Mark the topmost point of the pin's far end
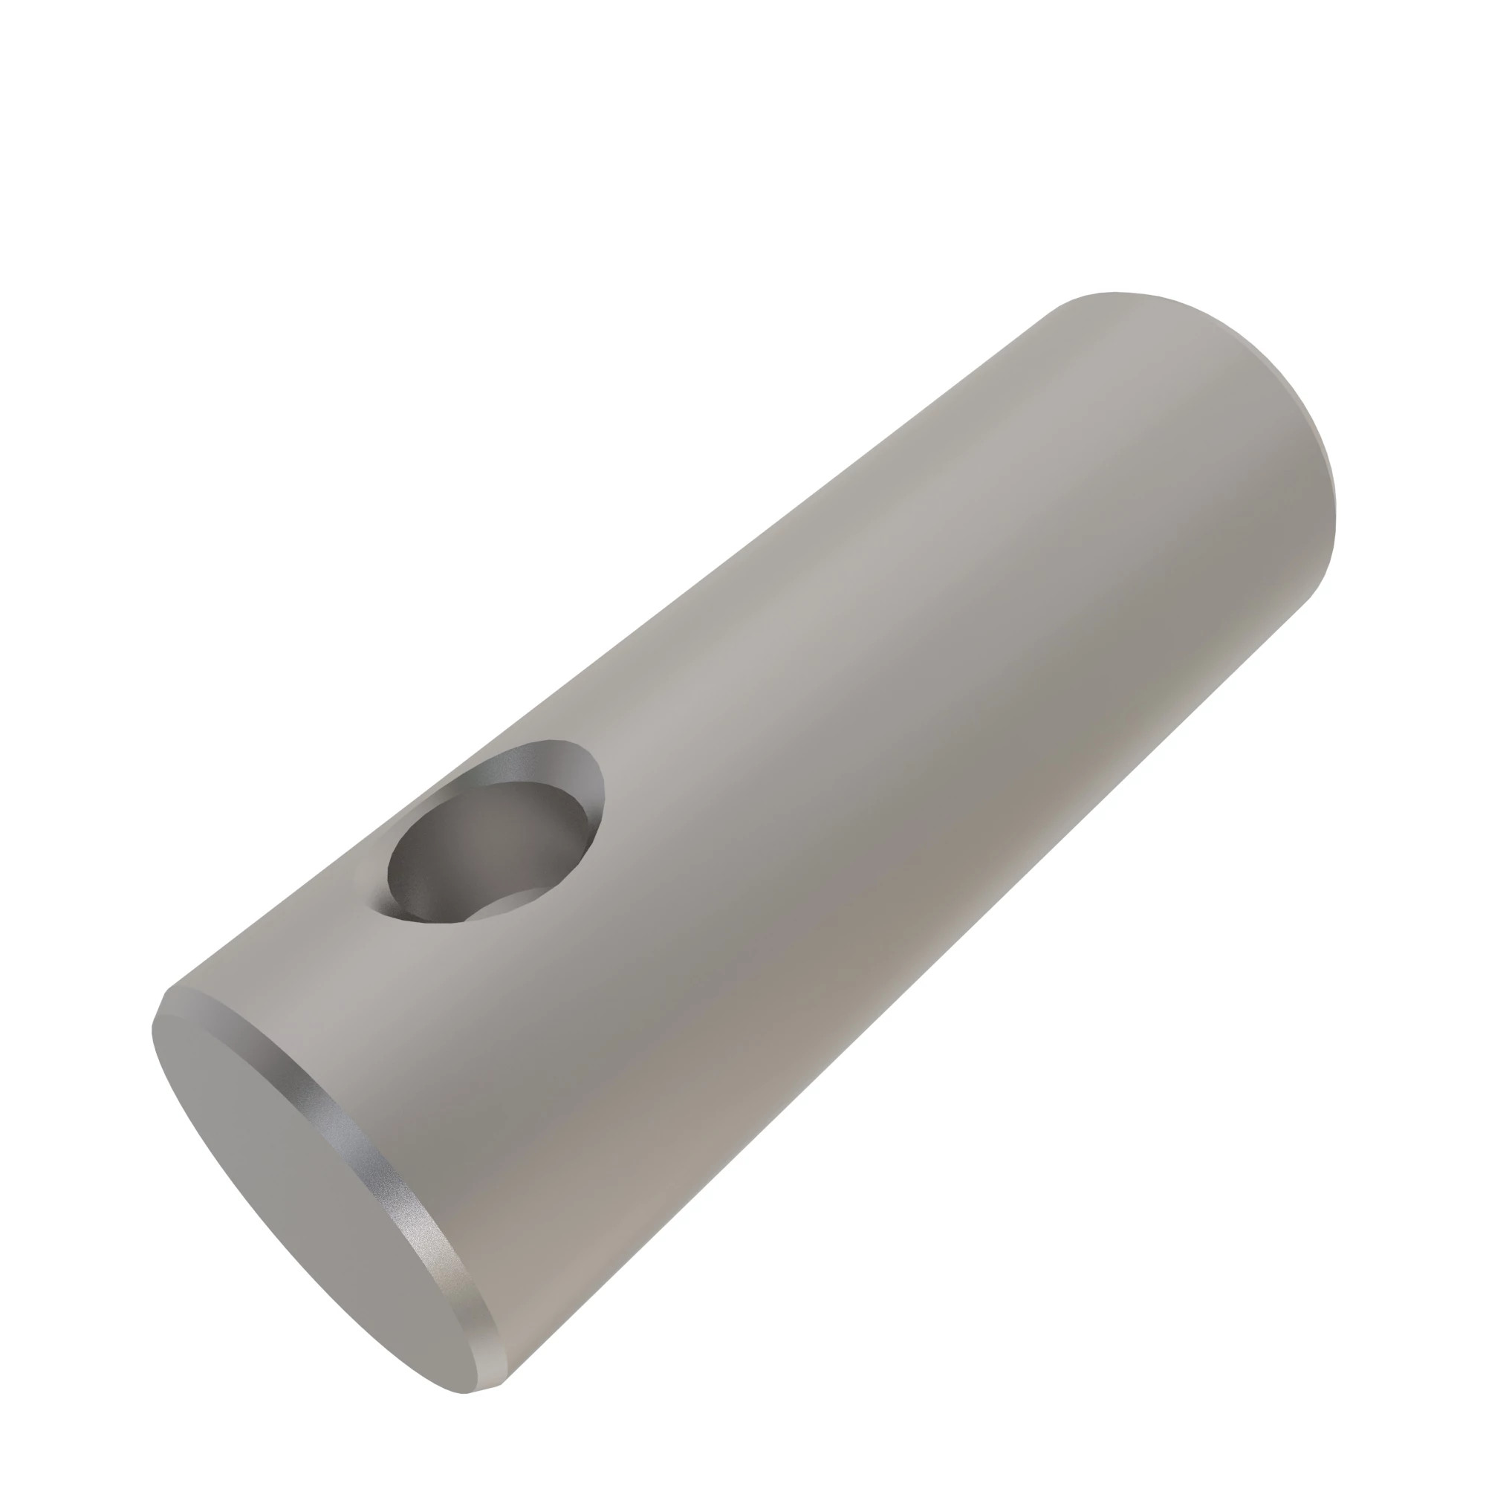click(1115, 292)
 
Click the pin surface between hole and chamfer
click(346, 1000)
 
